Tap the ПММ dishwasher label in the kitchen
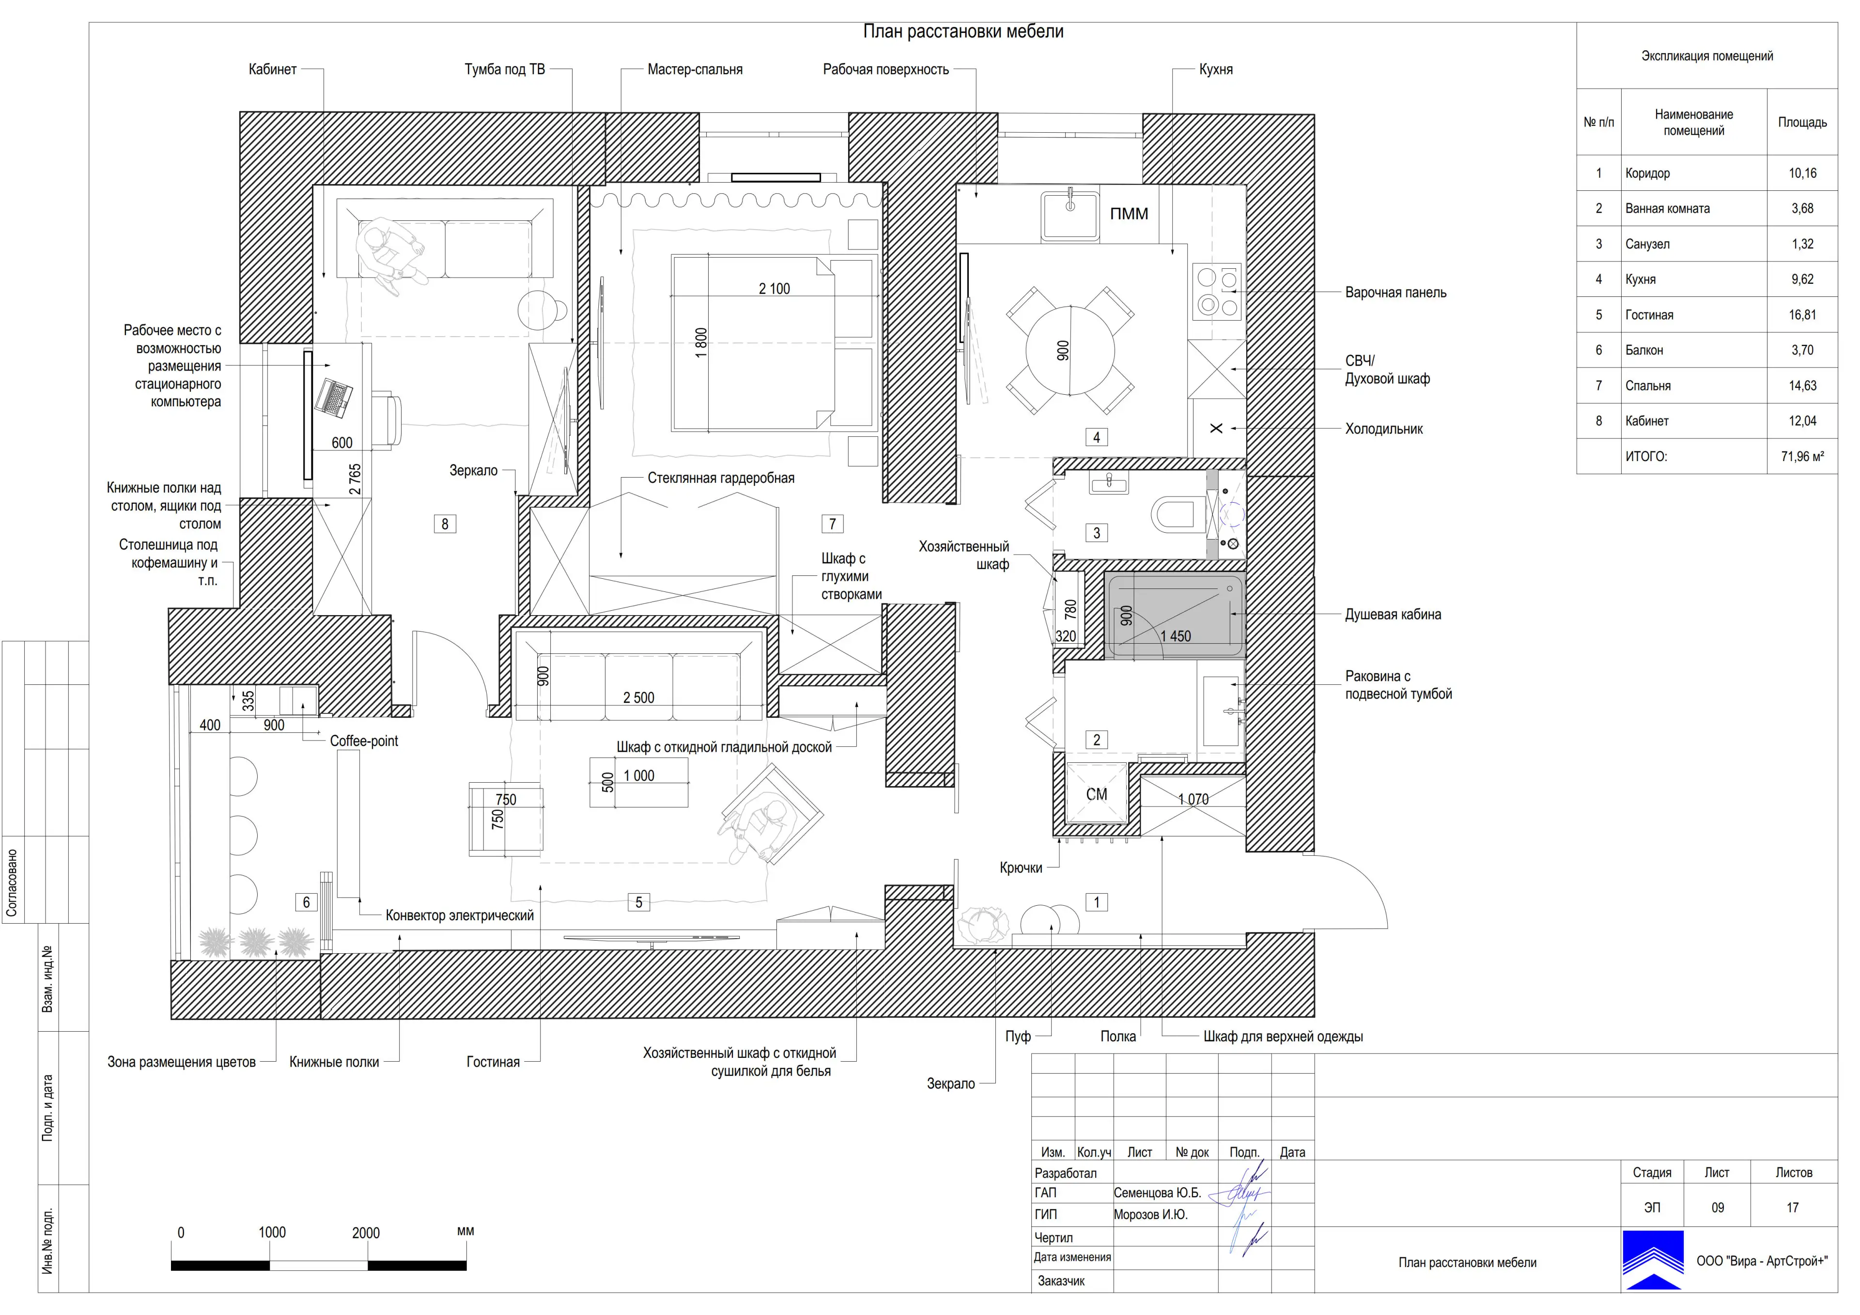1129,214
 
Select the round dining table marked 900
1069,351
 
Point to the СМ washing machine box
1096,794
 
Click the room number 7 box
832,524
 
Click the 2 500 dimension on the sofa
638,697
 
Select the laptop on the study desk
334,398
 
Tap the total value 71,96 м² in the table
1802,456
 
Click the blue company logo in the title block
1653,1259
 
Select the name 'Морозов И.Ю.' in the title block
1150,1215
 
